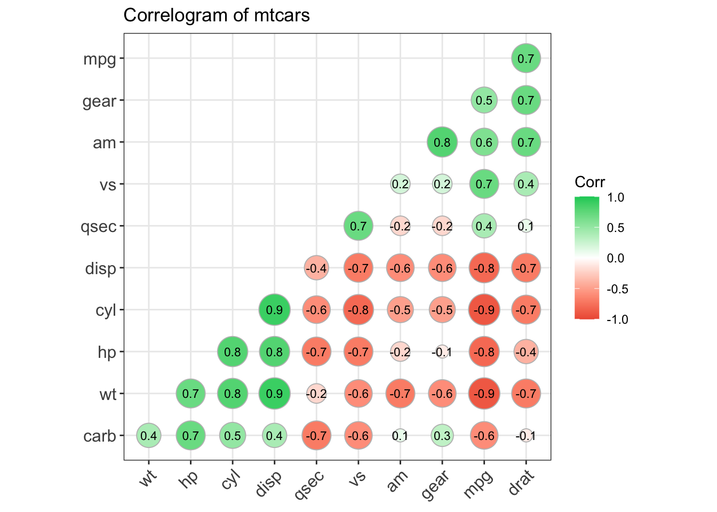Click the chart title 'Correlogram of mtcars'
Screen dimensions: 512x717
(217, 15)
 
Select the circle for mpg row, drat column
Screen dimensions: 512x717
(526, 58)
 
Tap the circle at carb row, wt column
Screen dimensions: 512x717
(148, 436)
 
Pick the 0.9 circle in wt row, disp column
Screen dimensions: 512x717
(274, 394)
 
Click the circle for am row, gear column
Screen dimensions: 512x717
(442, 142)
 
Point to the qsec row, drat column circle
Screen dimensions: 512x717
(526, 226)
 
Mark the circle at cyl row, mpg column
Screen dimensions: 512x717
(484, 310)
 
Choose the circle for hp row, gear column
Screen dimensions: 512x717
(442, 352)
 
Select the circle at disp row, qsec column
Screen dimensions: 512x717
(316, 268)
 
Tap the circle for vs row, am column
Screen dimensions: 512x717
(400, 185)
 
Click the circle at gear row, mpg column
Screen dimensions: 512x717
(484, 100)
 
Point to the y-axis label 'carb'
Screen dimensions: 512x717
(100, 436)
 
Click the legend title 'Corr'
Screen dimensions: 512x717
(589, 182)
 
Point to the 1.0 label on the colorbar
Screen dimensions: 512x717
(616, 197)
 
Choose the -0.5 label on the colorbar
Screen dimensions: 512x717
(617, 289)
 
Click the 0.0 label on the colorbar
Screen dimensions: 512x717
(616, 259)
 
